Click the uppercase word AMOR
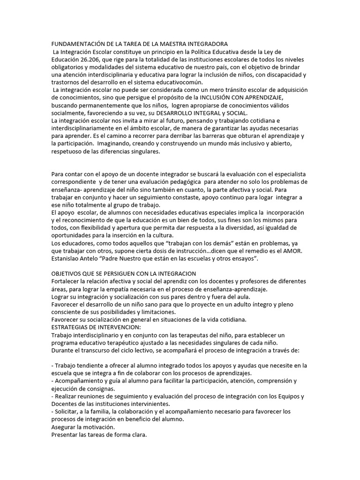pos(292,251)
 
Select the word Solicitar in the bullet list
pos(69,411)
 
